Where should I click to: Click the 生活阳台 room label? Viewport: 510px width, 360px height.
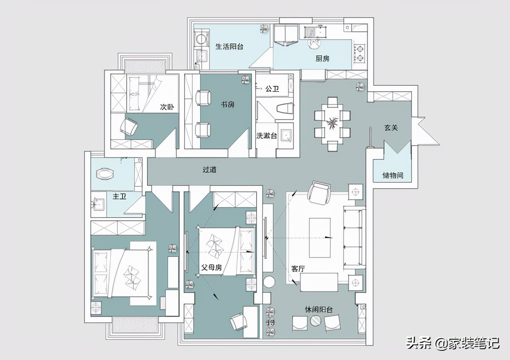(229, 47)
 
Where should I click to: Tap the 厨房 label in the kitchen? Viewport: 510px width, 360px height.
(322, 59)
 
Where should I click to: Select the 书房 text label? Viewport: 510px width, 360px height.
(228, 104)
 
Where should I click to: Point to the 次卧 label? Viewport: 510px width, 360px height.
(167, 107)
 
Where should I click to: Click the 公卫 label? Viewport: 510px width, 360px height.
(272, 89)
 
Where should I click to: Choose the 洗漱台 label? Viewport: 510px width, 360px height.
(267, 136)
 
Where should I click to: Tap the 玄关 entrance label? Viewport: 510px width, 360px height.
(391, 128)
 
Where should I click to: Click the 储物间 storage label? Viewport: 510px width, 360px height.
(393, 175)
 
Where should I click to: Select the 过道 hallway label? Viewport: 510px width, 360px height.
(210, 170)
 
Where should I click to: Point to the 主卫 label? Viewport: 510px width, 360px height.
(119, 196)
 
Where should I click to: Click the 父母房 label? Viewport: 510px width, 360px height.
(212, 268)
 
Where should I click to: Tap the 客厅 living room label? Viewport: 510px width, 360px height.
(298, 269)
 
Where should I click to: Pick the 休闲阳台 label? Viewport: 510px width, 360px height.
(319, 309)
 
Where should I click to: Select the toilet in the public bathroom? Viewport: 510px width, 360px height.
(285, 109)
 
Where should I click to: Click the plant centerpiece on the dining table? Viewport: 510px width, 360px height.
(332, 123)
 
